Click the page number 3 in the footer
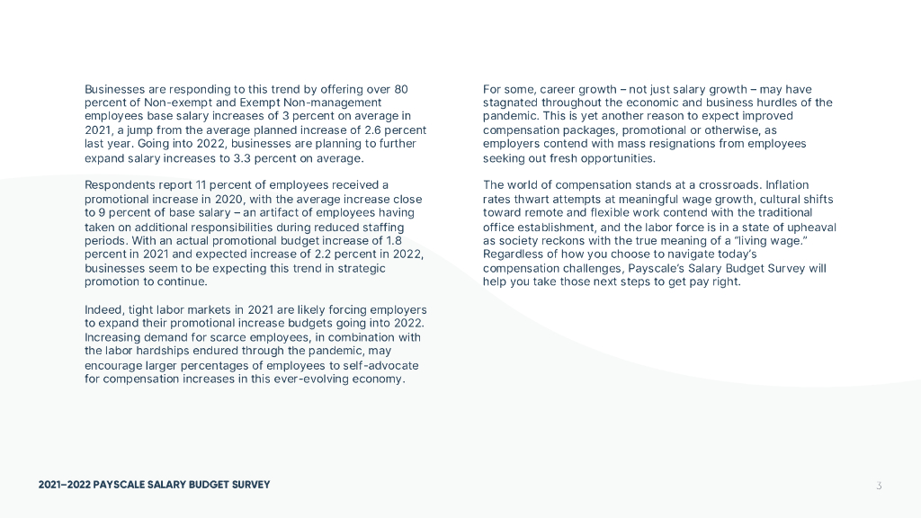(879, 486)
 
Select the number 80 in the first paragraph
(401, 89)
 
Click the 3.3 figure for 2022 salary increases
(262, 158)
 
